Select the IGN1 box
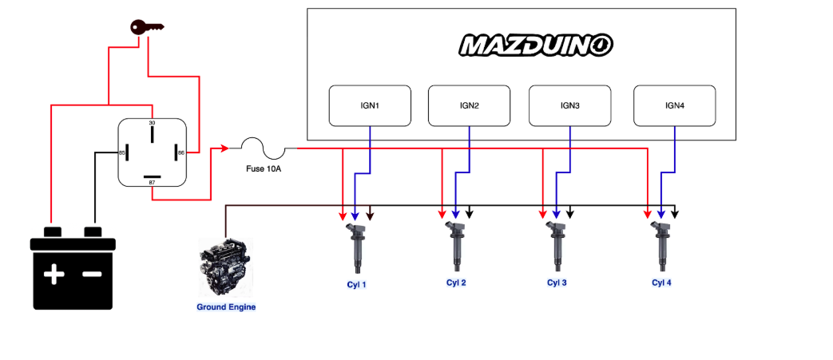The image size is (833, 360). click(370, 105)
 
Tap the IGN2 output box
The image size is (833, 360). click(469, 105)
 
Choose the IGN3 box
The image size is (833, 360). click(569, 105)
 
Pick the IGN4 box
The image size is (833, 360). click(674, 105)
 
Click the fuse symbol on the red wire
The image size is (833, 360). click(263, 147)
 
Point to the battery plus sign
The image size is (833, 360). click(54, 275)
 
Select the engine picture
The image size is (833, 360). click(225, 267)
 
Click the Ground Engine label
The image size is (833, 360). click(226, 307)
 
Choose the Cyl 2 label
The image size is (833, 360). click(456, 283)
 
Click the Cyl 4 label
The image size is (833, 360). click(661, 283)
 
